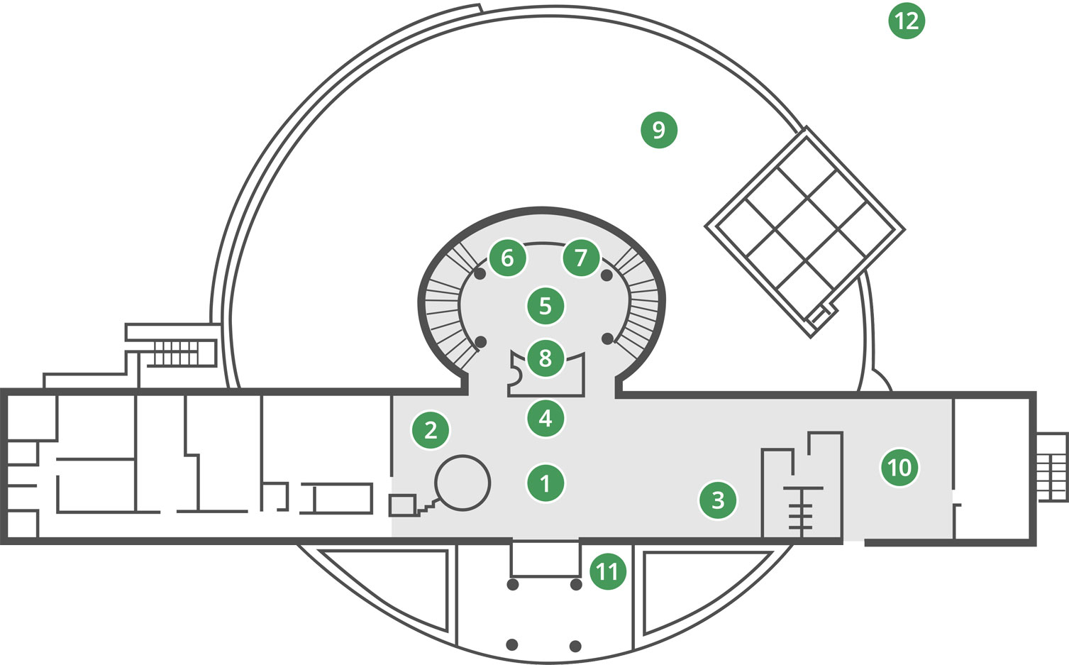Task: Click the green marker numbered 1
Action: [x=545, y=483]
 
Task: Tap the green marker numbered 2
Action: [x=431, y=430]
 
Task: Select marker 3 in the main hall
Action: [x=718, y=500]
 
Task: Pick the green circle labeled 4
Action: [x=545, y=418]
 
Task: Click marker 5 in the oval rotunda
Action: [x=545, y=306]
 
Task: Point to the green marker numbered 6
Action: [x=507, y=258]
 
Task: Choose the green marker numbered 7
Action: [x=581, y=258]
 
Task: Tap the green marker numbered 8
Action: [x=545, y=358]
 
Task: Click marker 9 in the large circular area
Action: [x=658, y=130]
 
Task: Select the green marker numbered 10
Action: [x=899, y=468]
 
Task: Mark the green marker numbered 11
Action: [x=607, y=571]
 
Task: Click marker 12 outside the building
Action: [x=907, y=21]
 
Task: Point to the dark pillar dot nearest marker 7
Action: [x=606, y=275]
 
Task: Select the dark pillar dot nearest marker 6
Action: [x=480, y=274]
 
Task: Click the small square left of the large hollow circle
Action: [x=402, y=505]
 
